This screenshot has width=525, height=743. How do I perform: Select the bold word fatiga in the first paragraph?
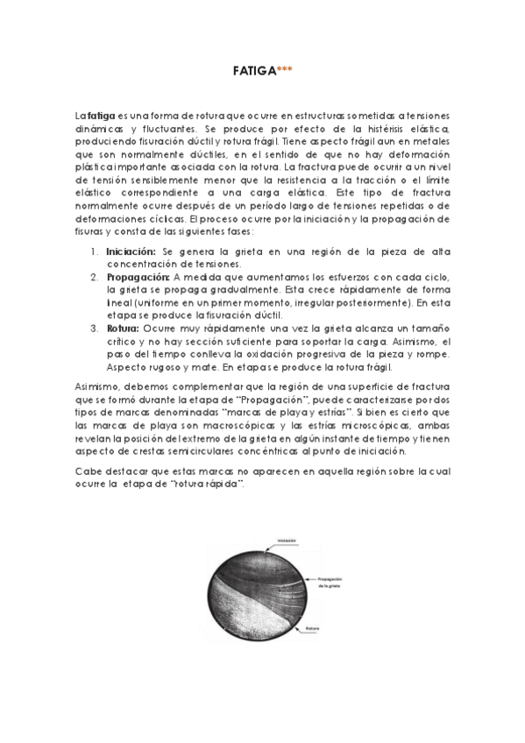97,116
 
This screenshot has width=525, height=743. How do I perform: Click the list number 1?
94,251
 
